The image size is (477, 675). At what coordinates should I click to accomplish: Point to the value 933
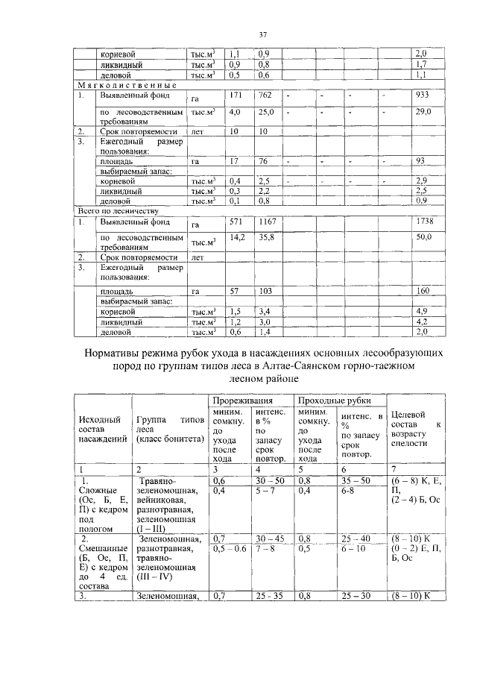422,96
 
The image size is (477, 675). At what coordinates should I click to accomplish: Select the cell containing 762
265,96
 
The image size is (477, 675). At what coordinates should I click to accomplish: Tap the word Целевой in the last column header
408,415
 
